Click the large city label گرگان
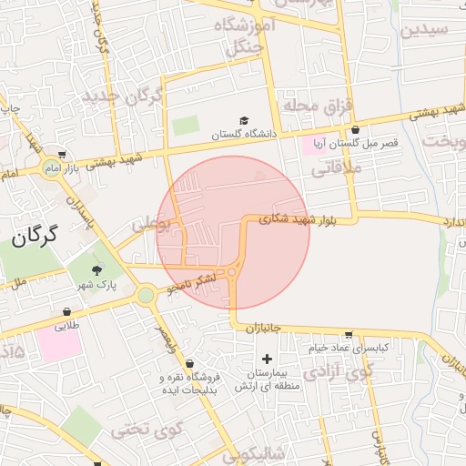(35, 237)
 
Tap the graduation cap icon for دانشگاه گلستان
(243, 121)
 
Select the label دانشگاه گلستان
(243, 135)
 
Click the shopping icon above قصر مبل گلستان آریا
(354, 130)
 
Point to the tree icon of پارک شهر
(97, 270)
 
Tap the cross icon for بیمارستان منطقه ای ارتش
(266, 359)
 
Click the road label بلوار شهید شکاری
(298, 218)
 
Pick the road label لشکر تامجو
(194, 285)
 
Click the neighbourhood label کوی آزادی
(349, 370)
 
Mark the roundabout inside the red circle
(233, 271)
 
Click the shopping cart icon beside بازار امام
(61, 156)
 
